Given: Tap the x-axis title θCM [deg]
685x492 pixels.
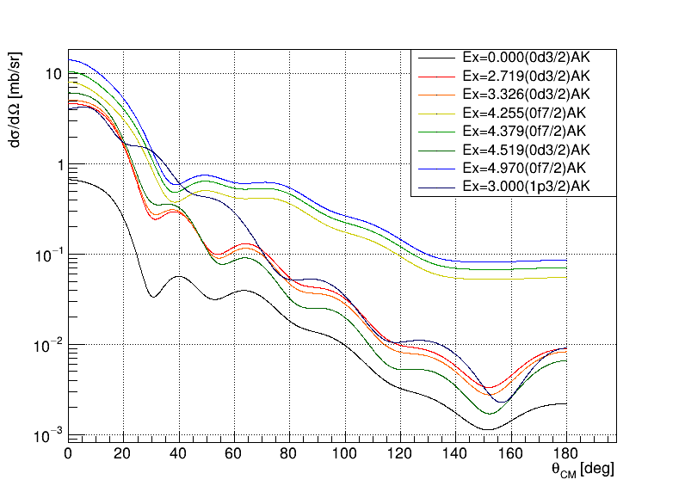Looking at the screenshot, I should pos(583,470).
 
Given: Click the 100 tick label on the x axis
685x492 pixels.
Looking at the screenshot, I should pos(345,453).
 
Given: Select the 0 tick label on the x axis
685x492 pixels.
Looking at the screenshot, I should pos(68,453).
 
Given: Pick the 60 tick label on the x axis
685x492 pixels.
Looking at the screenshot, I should pos(234,453).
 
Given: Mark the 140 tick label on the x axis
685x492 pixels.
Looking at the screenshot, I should pos(455,453).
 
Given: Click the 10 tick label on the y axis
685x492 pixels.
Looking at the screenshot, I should pos(52,74).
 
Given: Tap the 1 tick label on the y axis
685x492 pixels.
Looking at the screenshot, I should pos(57,164).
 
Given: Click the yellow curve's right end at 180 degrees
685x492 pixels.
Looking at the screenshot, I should pos(566,277).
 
